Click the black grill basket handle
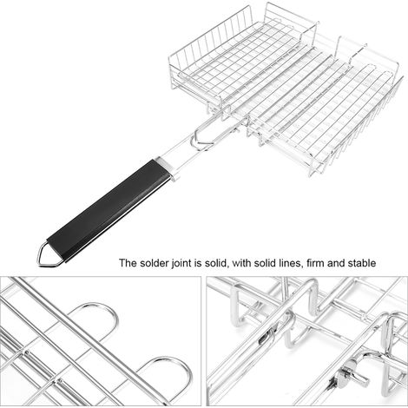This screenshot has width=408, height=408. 108,210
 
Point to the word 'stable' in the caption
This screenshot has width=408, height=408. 362,263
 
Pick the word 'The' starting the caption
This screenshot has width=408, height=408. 128,263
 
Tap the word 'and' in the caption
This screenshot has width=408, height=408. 336,263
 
